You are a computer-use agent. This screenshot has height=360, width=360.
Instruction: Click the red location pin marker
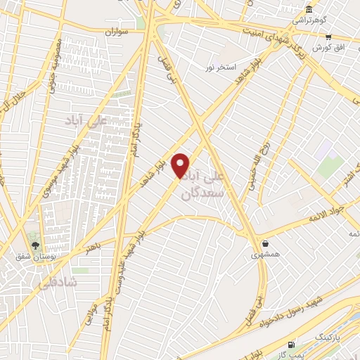click(x=181, y=166)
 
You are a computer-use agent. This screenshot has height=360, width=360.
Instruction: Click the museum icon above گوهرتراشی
click(x=309, y=9)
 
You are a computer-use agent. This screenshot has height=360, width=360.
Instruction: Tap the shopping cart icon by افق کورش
click(x=328, y=37)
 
